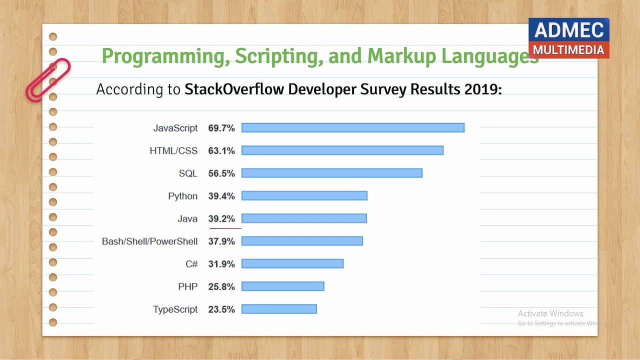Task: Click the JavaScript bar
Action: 353,128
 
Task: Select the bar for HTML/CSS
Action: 342,150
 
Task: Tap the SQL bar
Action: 332,173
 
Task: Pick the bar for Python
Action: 304,195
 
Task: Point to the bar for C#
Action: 292,263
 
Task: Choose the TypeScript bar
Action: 279,309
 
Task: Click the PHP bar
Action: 283,286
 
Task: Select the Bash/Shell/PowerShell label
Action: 149,241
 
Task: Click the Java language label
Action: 187,219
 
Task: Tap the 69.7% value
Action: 221,128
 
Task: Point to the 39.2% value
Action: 221,219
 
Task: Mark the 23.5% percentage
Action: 221,309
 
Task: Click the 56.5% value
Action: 221,173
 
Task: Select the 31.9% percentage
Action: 221,264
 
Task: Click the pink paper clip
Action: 47,80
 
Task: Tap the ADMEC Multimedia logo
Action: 568,38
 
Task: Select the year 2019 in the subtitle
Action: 483,89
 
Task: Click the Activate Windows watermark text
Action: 550,313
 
